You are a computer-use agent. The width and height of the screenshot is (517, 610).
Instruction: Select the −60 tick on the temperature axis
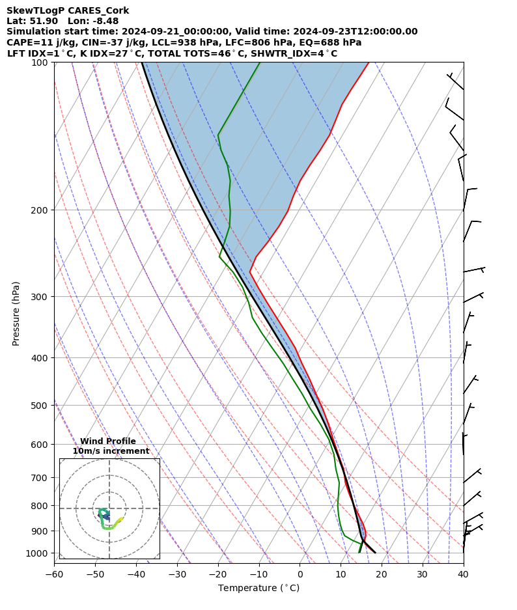click(x=54, y=574)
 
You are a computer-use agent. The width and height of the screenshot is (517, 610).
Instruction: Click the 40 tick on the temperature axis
click(x=463, y=574)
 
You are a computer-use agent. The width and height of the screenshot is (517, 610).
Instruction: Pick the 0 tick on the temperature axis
click(x=300, y=574)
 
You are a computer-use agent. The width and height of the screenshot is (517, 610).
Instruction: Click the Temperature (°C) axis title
click(x=258, y=588)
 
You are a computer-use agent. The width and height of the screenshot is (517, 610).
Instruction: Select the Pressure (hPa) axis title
click(x=16, y=313)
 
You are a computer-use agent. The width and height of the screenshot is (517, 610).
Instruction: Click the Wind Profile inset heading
click(x=108, y=441)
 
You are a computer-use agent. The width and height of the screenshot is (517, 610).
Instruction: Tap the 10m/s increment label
click(x=111, y=451)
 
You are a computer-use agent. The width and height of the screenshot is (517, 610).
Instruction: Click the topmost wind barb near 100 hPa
click(x=456, y=81)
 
